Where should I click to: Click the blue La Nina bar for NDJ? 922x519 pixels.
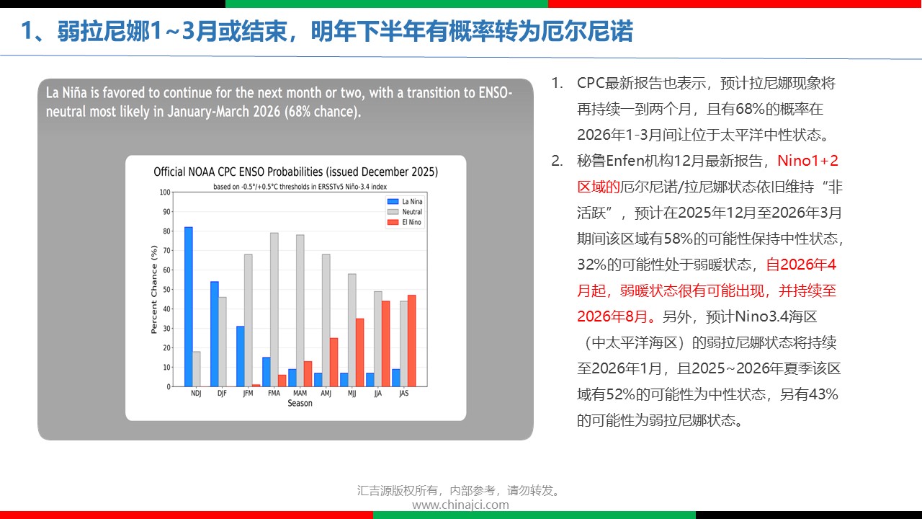pos(189,307)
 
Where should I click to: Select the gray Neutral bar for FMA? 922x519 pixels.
pos(274,310)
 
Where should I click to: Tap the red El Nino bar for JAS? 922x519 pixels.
pos(411,341)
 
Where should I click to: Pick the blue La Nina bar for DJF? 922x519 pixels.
pos(215,334)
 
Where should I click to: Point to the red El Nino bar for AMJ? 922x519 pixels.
pos(334,363)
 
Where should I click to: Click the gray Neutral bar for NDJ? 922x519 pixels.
pos(197,369)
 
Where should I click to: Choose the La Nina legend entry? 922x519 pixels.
pos(405,201)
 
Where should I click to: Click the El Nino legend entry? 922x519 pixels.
pos(405,222)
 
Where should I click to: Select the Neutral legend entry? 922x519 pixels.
pos(405,212)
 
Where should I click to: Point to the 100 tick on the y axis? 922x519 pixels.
pos(165,192)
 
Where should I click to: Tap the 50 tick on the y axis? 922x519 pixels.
pos(166,290)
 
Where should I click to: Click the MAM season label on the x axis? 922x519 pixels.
pos(300,394)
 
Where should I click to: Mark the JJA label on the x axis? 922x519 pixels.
pos(378,394)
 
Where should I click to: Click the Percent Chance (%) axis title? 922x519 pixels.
pos(154,289)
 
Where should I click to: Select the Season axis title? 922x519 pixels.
pos(300,403)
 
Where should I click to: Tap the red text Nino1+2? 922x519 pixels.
pos(807,161)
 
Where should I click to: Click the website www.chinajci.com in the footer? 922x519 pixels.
pos(460,505)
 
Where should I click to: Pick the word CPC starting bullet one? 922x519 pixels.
pos(591,83)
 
